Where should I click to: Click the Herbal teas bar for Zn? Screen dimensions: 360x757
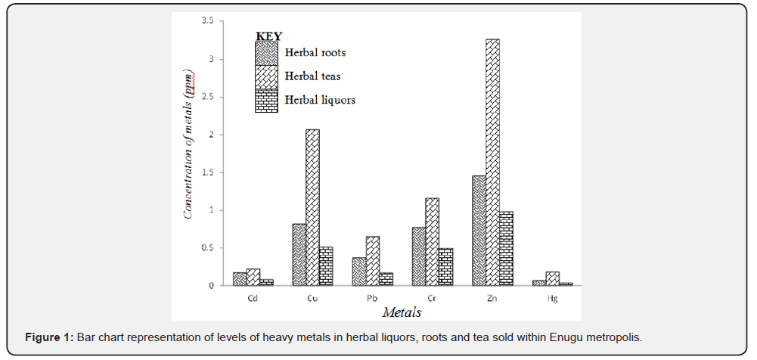click(492, 162)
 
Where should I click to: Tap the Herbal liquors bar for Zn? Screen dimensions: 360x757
click(506, 248)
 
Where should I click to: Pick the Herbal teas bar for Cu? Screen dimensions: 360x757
click(312, 207)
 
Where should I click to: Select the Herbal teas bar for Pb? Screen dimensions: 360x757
click(372, 261)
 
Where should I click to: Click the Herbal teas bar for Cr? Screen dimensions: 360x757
click(432, 242)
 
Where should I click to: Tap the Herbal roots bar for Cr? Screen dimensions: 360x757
click(418, 256)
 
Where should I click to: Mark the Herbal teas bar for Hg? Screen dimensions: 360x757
click(552, 278)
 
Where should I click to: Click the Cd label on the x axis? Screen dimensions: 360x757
click(253, 298)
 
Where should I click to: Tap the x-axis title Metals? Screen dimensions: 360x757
click(402, 312)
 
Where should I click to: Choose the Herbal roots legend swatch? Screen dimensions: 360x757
click(265, 53)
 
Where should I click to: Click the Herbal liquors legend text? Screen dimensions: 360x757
click(320, 100)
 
